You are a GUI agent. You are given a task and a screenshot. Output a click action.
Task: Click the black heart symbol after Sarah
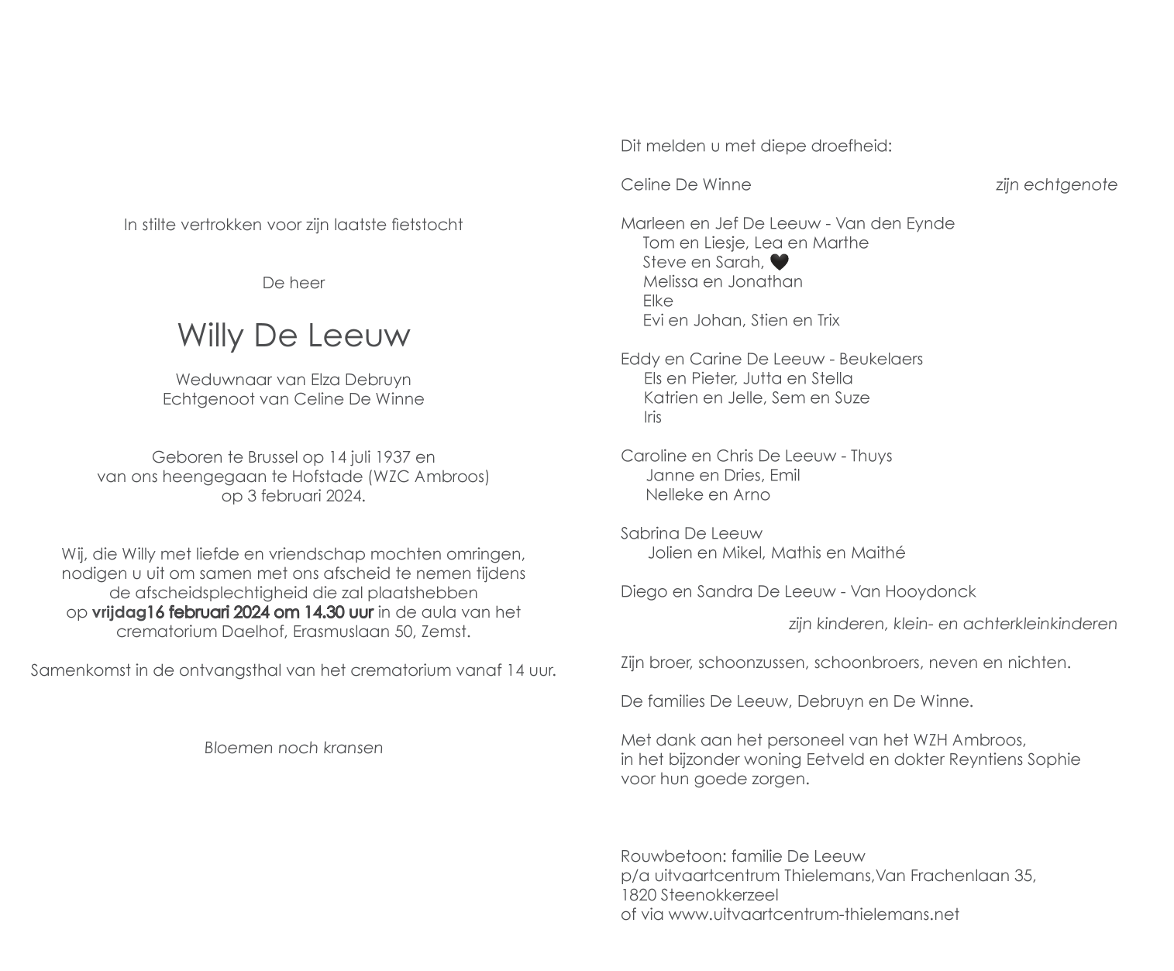(x=780, y=262)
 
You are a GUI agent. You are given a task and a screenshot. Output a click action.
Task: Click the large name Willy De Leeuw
(x=294, y=335)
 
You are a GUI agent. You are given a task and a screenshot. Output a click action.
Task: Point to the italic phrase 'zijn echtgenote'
(x=1056, y=185)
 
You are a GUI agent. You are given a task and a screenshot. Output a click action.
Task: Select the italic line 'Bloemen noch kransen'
(x=294, y=748)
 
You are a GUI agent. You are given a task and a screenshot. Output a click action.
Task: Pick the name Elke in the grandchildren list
(x=658, y=301)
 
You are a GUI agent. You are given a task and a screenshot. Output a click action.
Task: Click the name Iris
(x=652, y=417)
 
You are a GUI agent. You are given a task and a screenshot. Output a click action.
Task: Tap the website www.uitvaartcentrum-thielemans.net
(x=814, y=914)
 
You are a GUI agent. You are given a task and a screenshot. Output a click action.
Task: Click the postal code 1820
(x=639, y=895)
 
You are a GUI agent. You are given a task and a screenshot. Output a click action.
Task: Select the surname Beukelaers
(x=880, y=359)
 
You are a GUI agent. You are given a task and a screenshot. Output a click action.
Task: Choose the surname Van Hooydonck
(x=913, y=592)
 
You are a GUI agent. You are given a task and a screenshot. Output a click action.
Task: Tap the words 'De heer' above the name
(x=294, y=283)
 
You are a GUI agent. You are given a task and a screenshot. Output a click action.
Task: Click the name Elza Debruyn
(x=361, y=380)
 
